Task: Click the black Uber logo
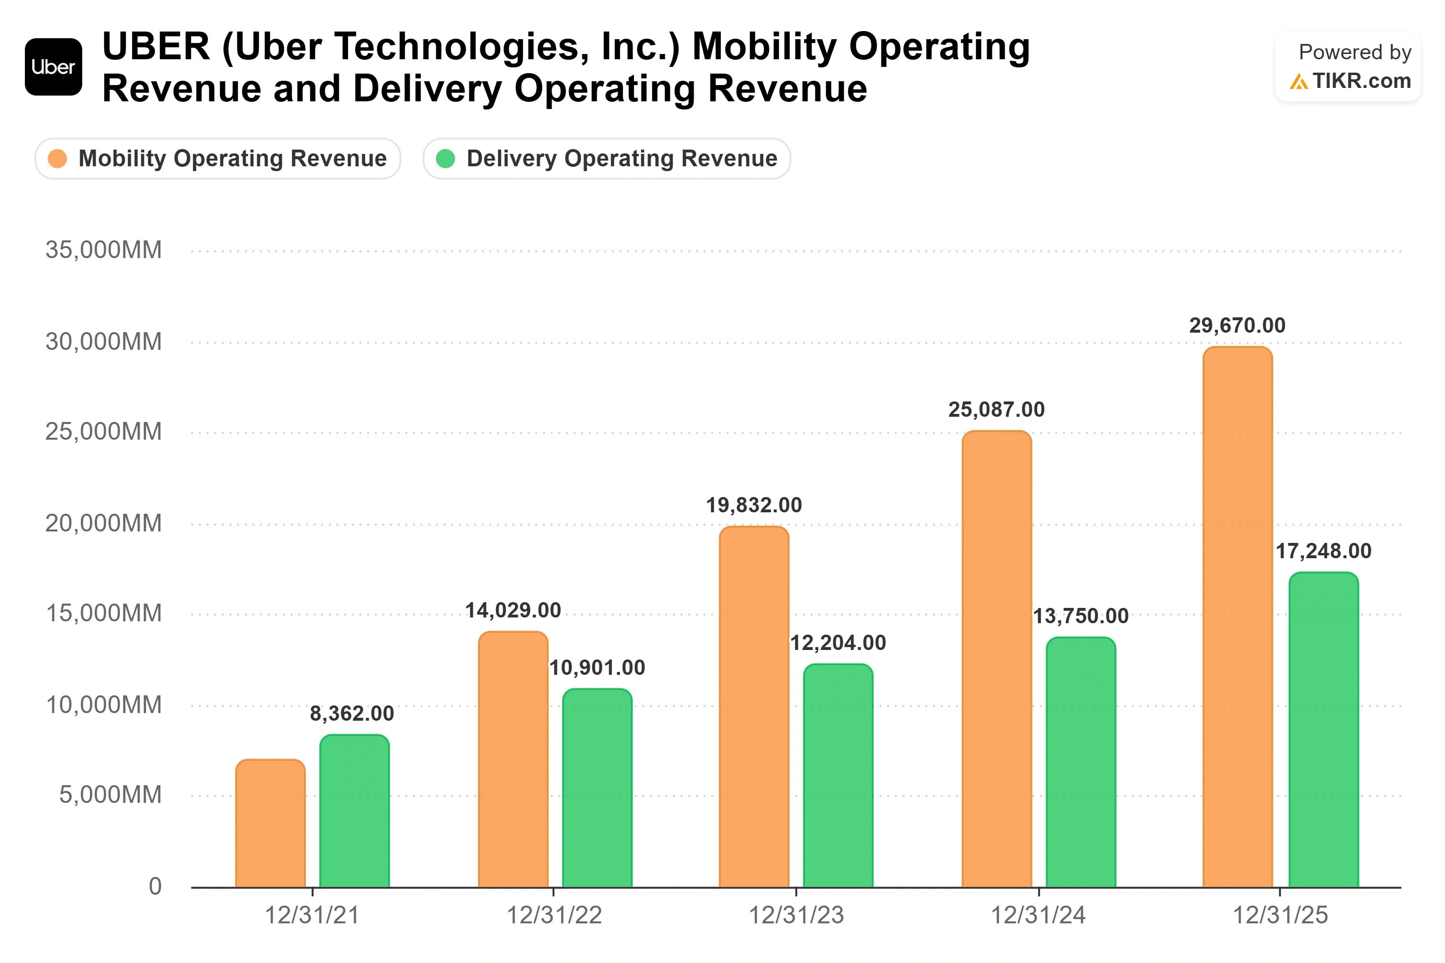pyautogui.click(x=54, y=67)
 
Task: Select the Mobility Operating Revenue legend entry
pyautogui.click(x=218, y=159)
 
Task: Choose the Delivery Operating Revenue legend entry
pyautogui.click(x=607, y=159)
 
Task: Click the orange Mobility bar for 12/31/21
pyautogui.click(x=270, y=823)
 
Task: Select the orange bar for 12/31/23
pyautogui.click(x=754, y=707)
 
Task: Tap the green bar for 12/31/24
pyautogui.click(x=1081, y=763)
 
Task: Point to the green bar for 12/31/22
pyautogui.click(x=597, y=789)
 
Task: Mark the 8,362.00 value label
pyautogui.click(x=352, y=714)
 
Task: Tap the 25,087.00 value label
pyautogui.click(x=996, y=410)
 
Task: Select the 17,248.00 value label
pyautogui.click(x=1324, y=552)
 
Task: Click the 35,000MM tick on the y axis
pyautogui.click(x=104, y=250)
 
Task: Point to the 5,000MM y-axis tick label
pyautogui.click(x=110, y=795)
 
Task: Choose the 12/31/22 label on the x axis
pyautogui.click(x=554, y=915)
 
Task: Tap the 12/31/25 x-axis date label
pyautogui.click(x=1281, y=915)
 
